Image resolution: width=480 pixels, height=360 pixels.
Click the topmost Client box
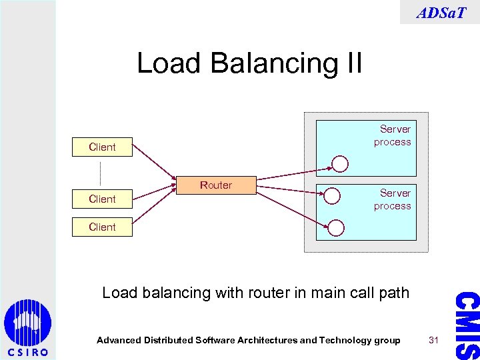point(103,147)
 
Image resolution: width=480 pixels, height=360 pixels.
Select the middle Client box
point(103,199)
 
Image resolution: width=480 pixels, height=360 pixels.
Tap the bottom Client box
point(103,227)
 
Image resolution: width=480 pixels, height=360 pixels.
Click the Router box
point(216,185)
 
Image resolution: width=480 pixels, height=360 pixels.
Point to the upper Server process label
point(393,135)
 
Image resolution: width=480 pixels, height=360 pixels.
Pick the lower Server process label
point(393,199)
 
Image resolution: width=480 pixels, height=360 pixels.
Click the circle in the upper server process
point(340,164)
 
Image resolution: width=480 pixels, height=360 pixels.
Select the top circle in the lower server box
point(331,195)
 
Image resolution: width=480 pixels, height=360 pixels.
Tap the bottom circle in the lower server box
point(337,228)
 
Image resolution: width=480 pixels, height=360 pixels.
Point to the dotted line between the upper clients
point(101,173)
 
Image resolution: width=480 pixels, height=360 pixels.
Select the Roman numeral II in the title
point(351,64)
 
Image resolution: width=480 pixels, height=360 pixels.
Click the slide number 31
point(433,340)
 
